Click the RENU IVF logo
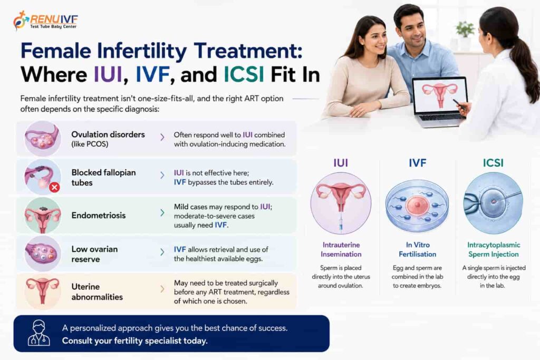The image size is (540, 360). click(45, 21)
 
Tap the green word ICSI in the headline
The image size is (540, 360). click(244, 74)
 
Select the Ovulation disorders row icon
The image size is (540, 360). click(43, 138)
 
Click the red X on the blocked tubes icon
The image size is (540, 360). click(54, 187)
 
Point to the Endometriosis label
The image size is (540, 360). click(99, 216)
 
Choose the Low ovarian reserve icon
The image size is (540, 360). click(43, 254)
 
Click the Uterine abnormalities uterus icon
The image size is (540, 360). click(43, 291)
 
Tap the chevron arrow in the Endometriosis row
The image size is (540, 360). click(162, 213)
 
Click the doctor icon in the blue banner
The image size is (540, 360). click(38, 333)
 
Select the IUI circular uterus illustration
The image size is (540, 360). click(341, 203)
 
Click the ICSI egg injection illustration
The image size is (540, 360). click(493, 203)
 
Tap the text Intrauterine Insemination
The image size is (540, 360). click(341, 249)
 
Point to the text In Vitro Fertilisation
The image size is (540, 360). click(418, 249)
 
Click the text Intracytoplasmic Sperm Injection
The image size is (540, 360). click(494, 249)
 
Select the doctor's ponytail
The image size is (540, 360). click(527, 69)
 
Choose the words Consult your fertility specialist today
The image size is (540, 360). click(134, 341)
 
